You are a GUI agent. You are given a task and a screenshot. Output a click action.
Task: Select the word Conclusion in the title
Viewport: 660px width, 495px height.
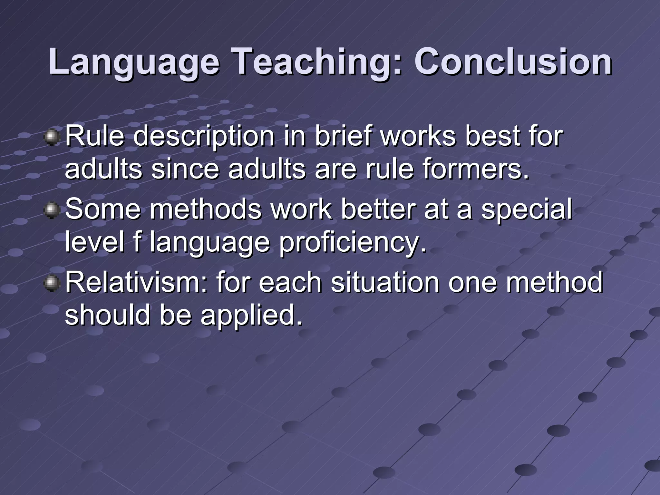tap(513, 61)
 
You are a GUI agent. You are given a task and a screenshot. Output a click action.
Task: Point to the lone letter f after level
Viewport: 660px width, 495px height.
tap(137, 242)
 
